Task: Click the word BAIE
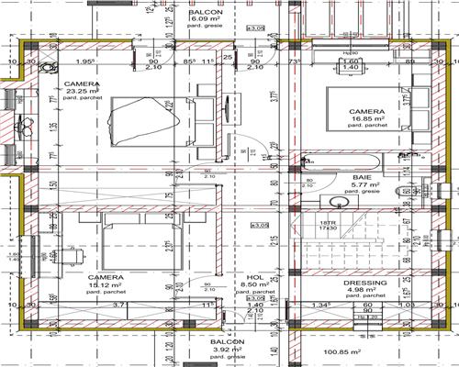(x=361, y=176)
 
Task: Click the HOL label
(x=255, y=276)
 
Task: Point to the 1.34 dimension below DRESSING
(x=319, y=305)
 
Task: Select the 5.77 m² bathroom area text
(x=361, y=185)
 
